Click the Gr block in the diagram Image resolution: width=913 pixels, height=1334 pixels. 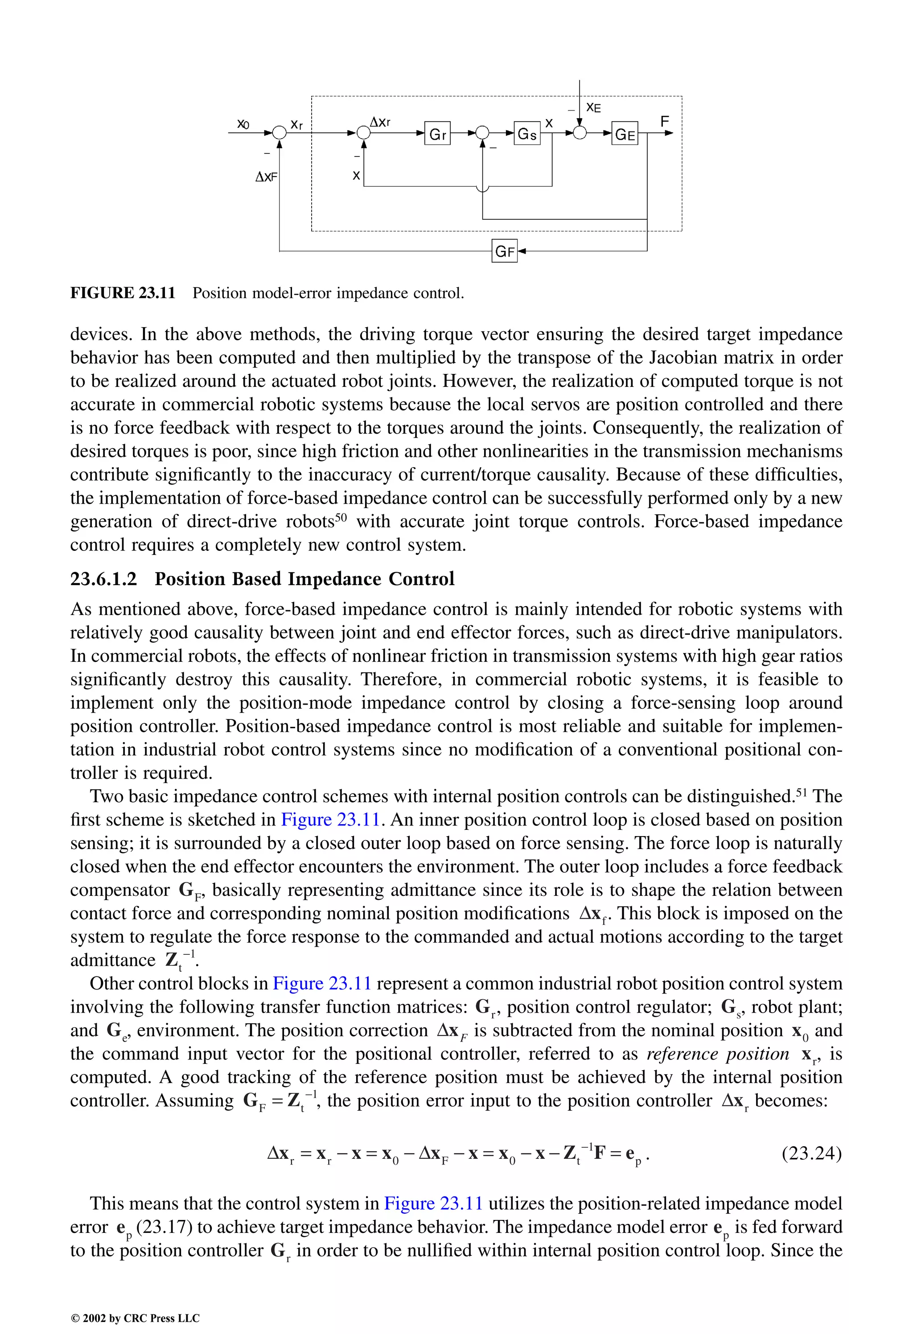437,134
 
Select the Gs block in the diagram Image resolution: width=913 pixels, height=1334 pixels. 527,134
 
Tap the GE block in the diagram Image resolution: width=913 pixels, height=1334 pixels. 625,134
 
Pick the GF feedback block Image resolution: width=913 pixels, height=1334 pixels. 505,251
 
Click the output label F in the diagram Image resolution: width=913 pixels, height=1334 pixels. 664,121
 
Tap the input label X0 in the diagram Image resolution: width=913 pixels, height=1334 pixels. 243,124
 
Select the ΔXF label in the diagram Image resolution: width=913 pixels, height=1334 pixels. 266,177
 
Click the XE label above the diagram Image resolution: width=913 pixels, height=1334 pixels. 594,108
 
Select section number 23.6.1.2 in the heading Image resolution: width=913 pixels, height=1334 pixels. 104,579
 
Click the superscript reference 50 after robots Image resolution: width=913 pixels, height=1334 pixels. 341,516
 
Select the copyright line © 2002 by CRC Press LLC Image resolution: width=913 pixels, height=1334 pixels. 135,1318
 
